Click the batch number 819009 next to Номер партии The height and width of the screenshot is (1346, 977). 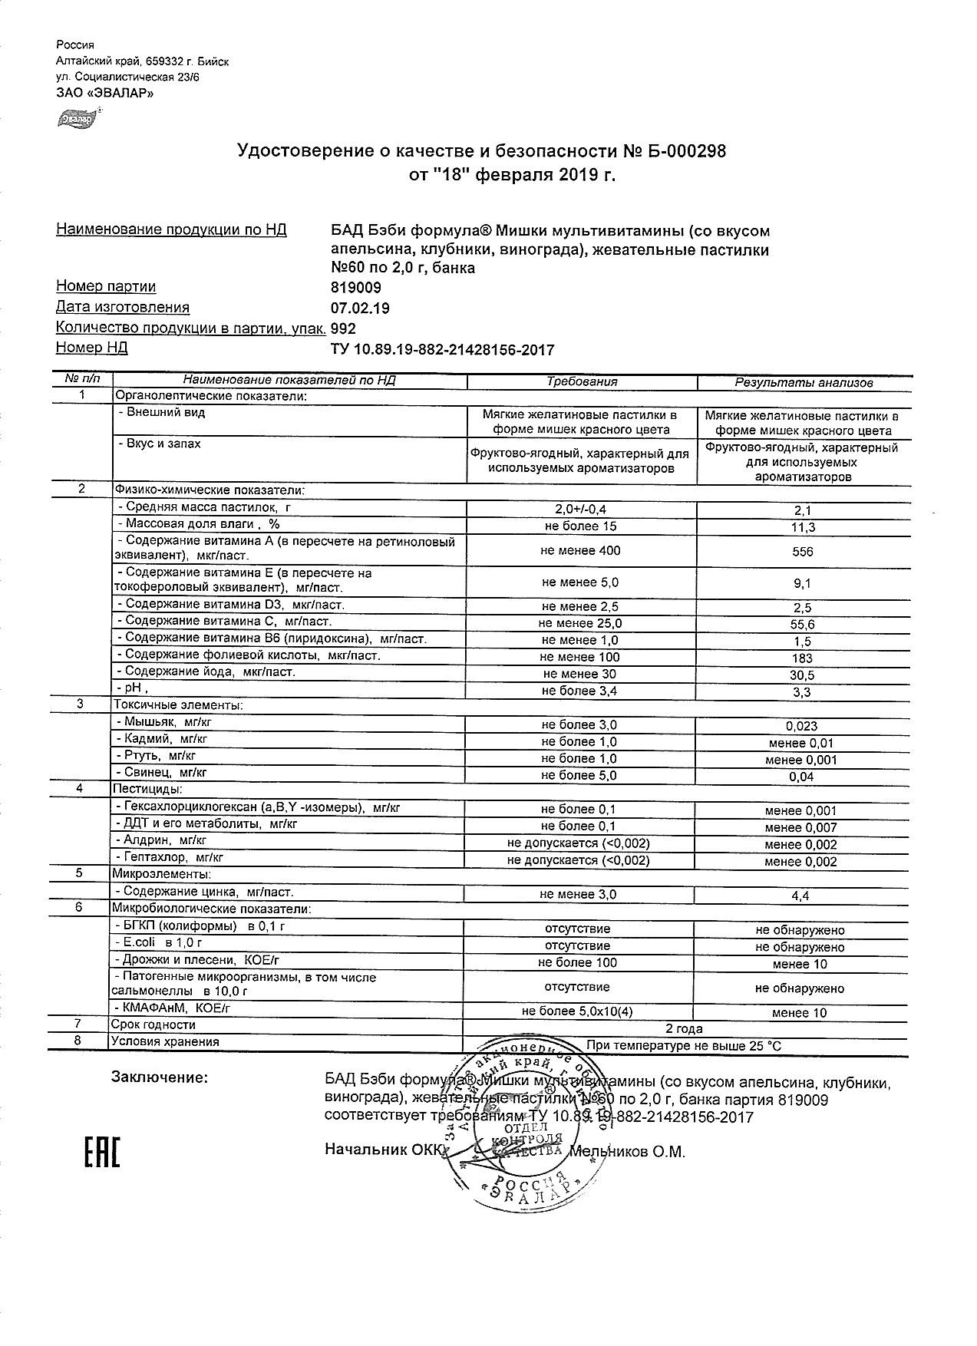pyautogui.click(x=355, y=288)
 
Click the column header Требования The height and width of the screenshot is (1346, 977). pyautogui.click(x=581, y=381)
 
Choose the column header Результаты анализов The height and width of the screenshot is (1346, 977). pyautogui.click(x=803, y=382)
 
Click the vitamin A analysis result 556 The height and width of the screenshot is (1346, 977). pyautogui.click(x=803, y=552)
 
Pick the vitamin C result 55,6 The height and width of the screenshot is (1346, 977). pyautogui.click(x=803, y=625)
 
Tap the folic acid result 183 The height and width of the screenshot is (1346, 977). pyautogui.click(x=803, y=658)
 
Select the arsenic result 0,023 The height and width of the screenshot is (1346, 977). pyautogui.click(x=801, y=726)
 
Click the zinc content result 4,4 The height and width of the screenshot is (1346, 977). pyautogui.click(x=801, y=896)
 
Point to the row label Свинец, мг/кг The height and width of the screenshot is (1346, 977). pyautogui.click(x=161, y=773)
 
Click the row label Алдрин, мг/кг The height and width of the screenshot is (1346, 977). pyautogui.click(x=160, y=840)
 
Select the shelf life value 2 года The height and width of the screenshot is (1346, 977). pyautogui.click(x=683, y=1029)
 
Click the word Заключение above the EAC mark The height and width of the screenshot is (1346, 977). pyautogui.click(x=160, y=1078)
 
